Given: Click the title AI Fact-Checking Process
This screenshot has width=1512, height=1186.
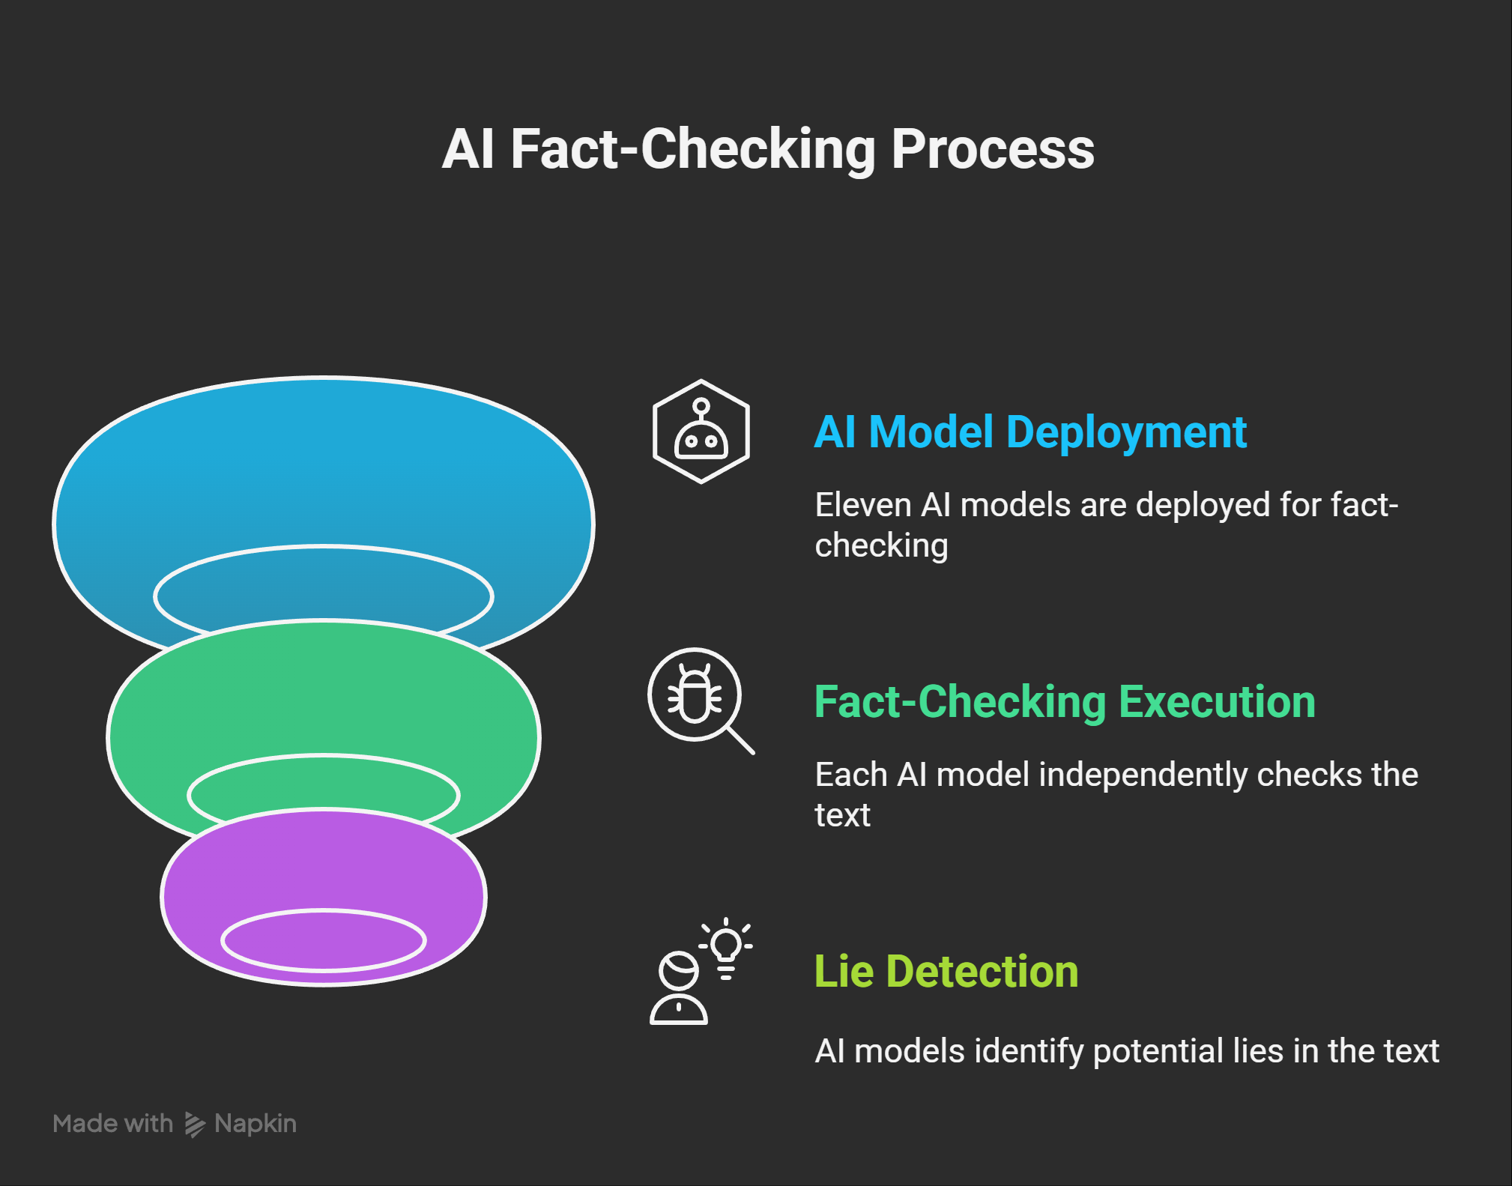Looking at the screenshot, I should (768, 149).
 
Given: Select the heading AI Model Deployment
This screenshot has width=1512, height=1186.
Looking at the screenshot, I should (1029, 432).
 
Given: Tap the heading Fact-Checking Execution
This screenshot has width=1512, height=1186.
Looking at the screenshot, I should (1064, 702).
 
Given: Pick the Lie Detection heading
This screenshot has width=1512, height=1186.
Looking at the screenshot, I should (946, 972).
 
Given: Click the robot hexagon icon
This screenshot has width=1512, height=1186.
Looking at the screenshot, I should (701, 432).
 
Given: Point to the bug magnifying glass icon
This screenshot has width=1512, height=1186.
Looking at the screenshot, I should (701, 700).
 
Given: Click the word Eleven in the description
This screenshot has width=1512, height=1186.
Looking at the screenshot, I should (862, 505).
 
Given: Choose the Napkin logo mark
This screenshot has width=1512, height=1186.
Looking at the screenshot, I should (195, 1124).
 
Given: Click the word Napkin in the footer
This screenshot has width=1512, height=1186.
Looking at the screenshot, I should (255, 1124).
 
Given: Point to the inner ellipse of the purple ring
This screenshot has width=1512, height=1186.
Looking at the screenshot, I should (324, 940).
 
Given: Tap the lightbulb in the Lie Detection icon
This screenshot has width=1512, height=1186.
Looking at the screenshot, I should (726, 947).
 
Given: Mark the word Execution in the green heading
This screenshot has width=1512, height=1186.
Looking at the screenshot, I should (1217, 702).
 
